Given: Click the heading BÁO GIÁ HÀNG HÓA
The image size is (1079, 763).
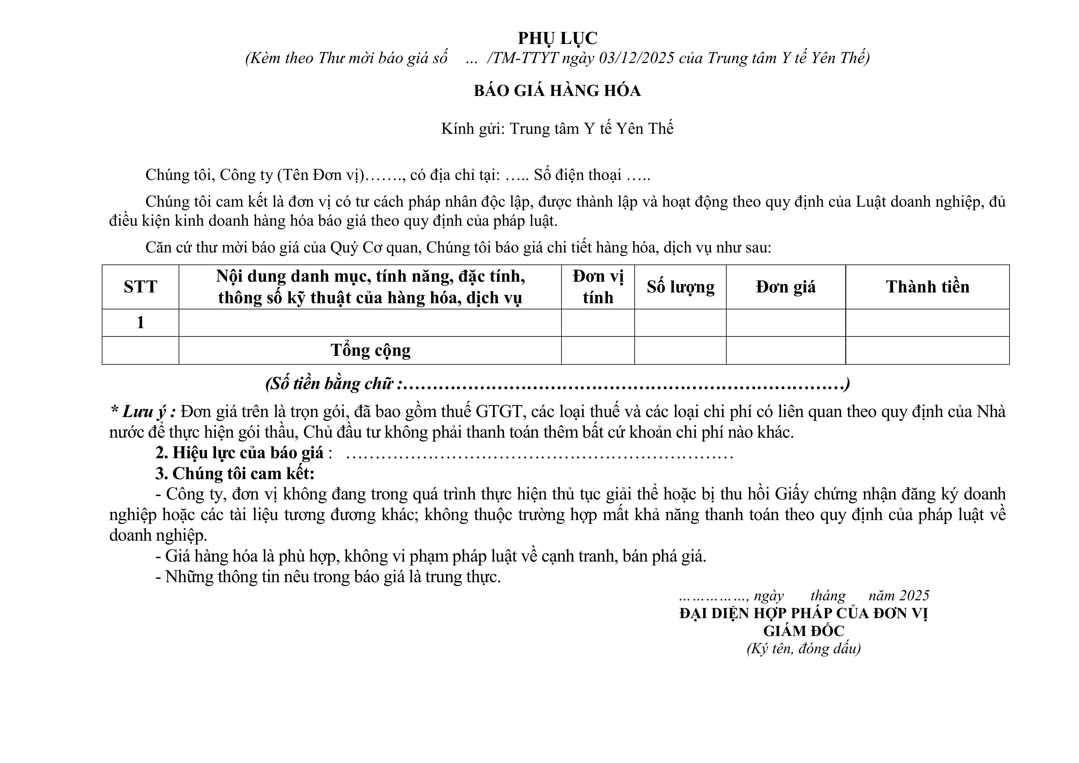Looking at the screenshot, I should pos(557,91).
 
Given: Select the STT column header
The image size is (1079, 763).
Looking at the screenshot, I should pos(140,287).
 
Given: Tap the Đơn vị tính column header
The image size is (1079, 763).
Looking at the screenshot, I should pos(598,287).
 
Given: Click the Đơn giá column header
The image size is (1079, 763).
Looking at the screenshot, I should pos(786,287).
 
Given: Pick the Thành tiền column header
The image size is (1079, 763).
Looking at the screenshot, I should pos(927,287).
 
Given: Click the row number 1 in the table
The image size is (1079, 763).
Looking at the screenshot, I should pos(140,323).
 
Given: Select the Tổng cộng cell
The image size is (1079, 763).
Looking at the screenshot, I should pos(370,350).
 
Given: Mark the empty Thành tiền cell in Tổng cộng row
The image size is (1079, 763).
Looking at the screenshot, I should pos(927,350).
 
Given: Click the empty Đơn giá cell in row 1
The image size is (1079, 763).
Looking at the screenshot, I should pos(786,323).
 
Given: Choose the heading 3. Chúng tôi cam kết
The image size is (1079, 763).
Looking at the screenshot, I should pos(235,473).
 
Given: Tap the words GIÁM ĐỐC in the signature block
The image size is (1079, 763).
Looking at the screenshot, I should pos(803,631).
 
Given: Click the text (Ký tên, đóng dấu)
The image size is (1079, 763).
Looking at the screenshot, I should pos(803,649).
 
